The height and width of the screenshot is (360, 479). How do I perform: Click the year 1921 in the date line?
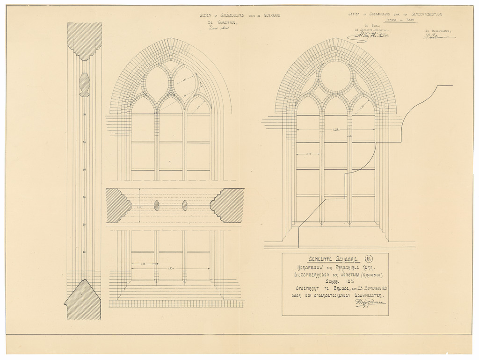click(x=381, y=288)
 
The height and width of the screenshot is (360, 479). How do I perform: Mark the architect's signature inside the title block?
click(x=370, y=303)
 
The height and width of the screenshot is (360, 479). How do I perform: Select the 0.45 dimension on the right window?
click(x=309, y=154)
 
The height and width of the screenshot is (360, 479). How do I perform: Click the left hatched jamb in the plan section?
click(x=118, y=206)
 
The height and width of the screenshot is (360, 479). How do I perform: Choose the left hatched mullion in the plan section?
click(x=157, y=206)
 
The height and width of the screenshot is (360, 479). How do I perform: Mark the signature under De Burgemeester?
click(x=439, y=36)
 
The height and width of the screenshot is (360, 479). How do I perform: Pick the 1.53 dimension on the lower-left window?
click(x=171, y=268)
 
